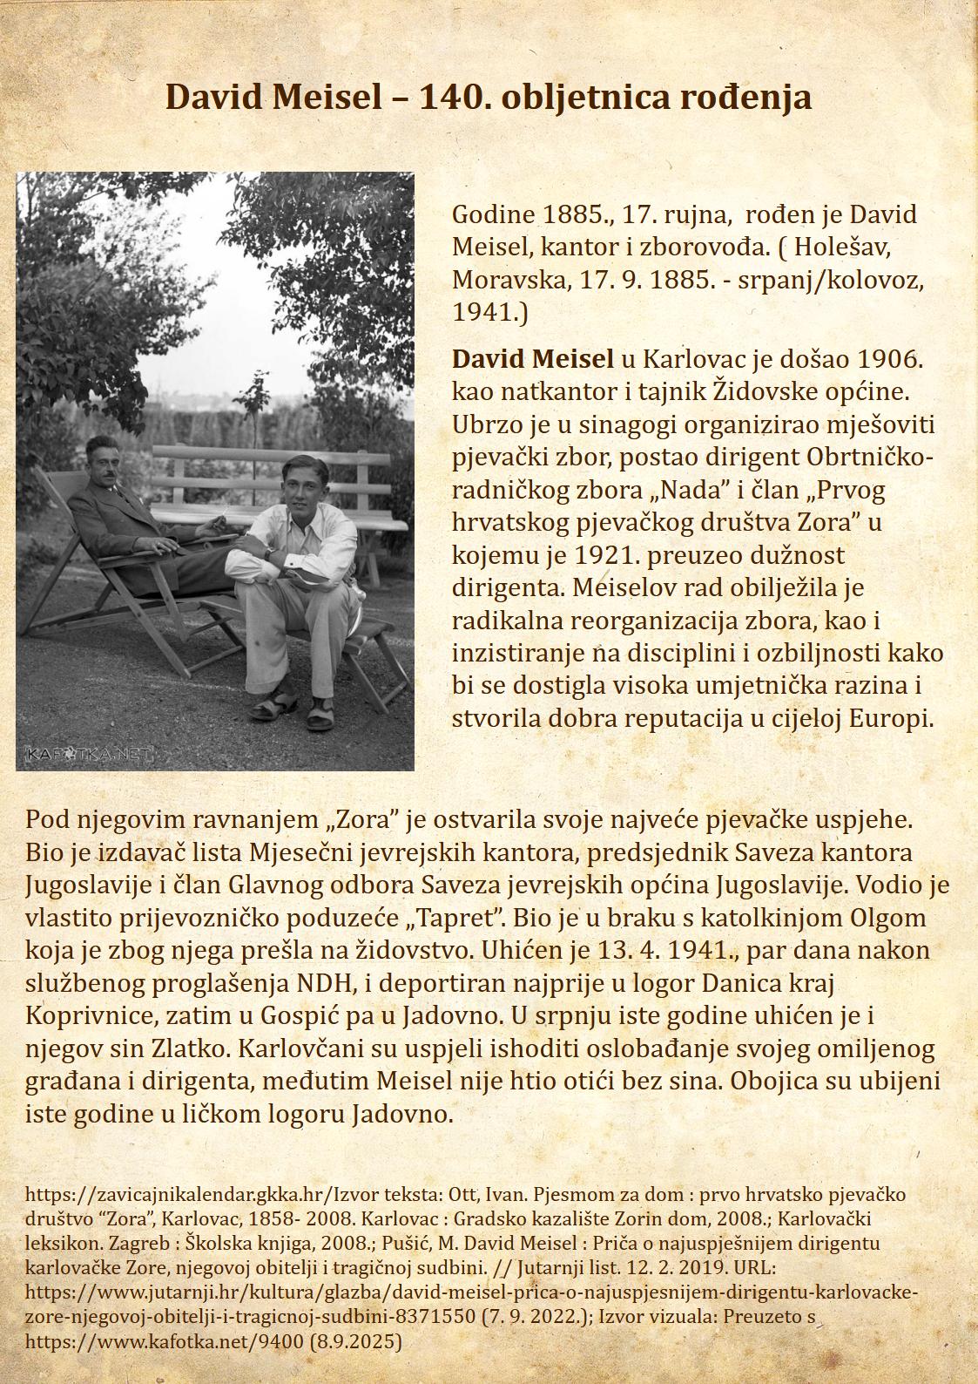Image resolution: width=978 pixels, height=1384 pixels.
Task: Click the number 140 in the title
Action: [447, 97]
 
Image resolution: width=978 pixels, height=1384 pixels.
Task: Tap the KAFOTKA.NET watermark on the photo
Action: [89, 753]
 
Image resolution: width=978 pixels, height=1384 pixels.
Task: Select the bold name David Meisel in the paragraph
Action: [532, 358]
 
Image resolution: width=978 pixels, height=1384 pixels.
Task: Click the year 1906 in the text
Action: [889, 358]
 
